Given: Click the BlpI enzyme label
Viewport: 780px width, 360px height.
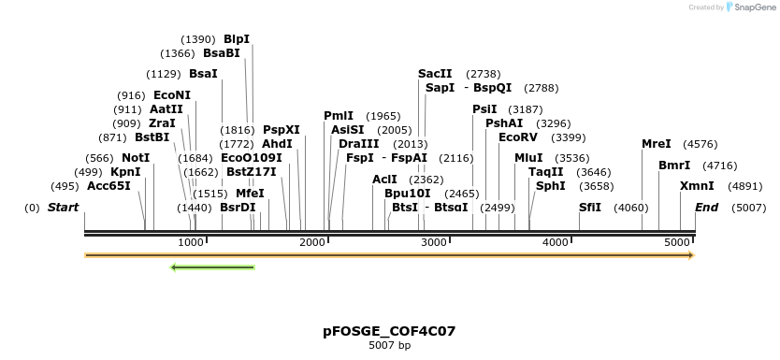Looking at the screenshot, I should tap(237, 39).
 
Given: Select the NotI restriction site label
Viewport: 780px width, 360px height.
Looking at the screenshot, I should tap(136, 158).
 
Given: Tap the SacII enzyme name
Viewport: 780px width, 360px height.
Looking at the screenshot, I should tap(435, 73).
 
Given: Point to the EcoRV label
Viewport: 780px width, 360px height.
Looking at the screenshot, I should tap(518, 137).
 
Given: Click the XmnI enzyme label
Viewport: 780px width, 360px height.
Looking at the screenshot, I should tap(697, 186).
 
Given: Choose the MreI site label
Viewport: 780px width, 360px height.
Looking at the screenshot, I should tap(657, 144).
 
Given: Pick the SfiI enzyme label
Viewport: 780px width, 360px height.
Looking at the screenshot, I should tap(590, 207).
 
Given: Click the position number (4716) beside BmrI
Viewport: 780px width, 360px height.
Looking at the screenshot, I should tap(720, 166).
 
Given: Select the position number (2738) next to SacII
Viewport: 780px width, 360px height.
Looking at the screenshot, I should tap(484, 73).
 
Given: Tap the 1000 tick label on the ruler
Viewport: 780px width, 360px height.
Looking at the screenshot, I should tap(191, 242).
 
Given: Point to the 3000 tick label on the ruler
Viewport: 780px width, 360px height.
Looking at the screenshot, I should tap(434, 242).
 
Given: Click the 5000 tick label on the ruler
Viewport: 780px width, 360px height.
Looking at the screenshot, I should tap(677, 242).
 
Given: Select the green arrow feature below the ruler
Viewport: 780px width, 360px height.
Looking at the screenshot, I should tap(212, 267).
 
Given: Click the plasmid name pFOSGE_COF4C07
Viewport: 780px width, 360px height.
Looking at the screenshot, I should tap(389, 331).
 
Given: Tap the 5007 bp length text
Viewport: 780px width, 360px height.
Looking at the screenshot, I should tap(389, 345).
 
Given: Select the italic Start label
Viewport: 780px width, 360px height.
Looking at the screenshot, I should tap(64, 207).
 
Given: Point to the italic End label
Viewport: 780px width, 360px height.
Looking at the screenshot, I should tap(706, 207).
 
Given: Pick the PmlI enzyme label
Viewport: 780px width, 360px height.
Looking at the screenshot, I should tap(339, 116).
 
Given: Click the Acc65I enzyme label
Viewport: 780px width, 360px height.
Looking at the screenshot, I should tap(109, 186).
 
